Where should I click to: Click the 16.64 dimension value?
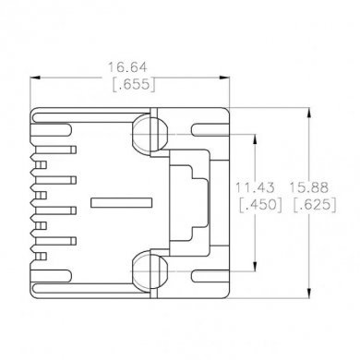[128, 67]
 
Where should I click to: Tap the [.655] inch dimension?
[128, 84]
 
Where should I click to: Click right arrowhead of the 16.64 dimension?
[224, 76]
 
